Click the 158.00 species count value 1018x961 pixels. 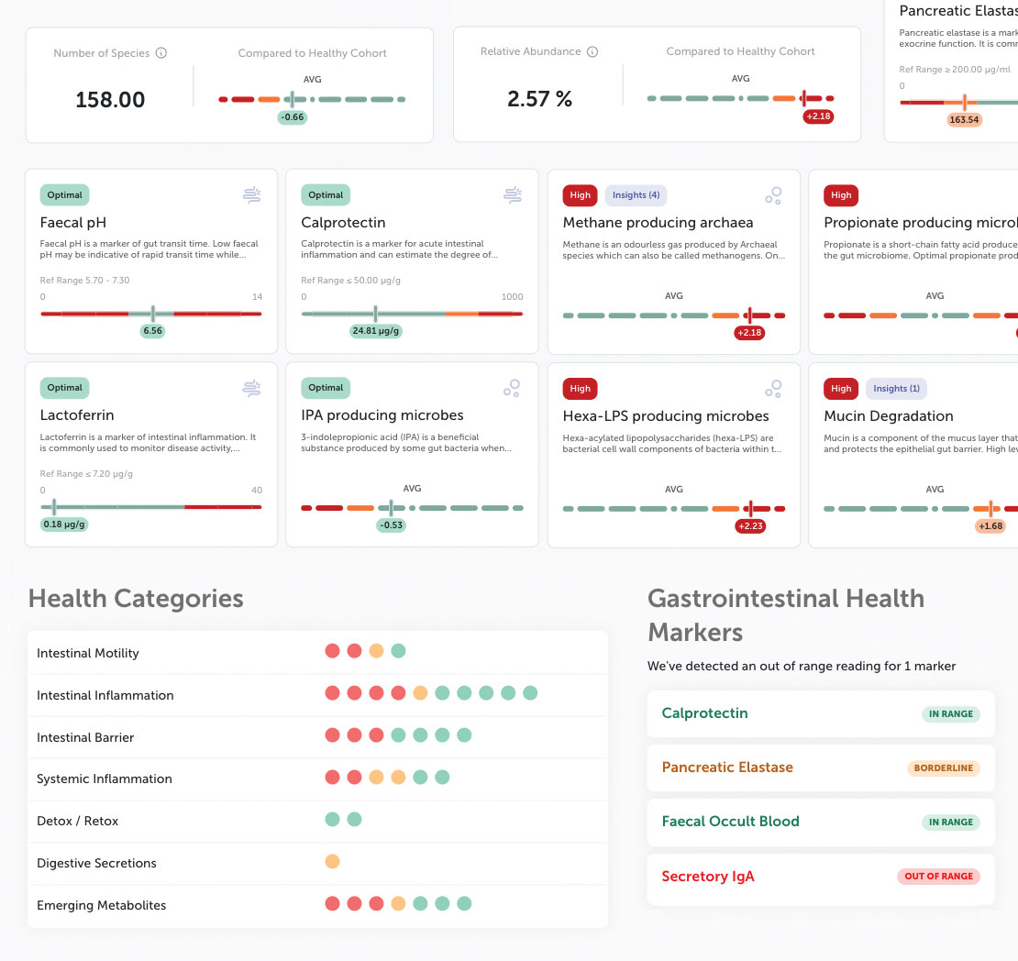point(110,100)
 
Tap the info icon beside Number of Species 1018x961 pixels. point(161,53)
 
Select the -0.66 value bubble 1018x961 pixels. point(293,117)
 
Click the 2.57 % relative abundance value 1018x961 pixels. point(539,100)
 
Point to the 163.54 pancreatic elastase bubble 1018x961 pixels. point(964,119)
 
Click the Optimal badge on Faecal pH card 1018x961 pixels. point(65,194)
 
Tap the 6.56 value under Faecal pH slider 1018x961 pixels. point(153,331)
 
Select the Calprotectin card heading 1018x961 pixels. point(343,223)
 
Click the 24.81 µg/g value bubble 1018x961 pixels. point(376,331)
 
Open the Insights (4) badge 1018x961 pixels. point(636,194)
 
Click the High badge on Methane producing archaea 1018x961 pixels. point(580,194)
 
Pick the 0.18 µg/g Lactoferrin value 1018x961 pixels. point(64,525)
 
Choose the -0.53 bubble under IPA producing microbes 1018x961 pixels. point(391,525)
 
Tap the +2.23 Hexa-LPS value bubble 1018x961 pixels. point(749,526)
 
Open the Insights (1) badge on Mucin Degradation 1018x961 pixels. point(896,388)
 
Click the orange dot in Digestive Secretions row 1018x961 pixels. point(332,862)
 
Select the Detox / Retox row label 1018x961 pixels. point(78,821)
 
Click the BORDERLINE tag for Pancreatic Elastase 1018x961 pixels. point(943,768)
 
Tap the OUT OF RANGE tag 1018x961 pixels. point(938,876)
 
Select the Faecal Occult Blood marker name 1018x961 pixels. point(730,822)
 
